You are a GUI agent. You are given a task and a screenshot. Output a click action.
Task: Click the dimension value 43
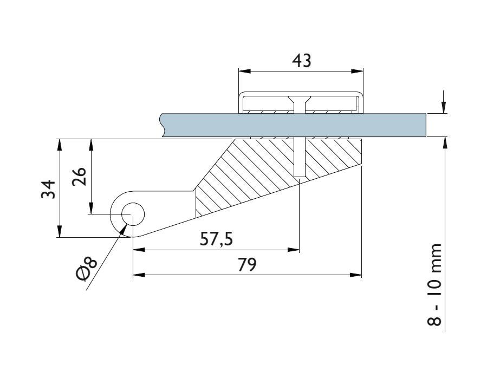(x=301, y=61)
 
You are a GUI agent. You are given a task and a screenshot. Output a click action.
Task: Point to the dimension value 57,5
(x=217, y=239)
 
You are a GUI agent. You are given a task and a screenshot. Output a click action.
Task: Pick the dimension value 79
(x=247, y=265)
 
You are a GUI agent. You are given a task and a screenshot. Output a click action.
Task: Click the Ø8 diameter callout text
(x=87, y=269)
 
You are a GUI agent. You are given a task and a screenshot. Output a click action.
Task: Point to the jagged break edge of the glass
(x=163, y=125)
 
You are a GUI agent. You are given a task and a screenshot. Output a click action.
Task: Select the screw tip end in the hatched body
(x=300, y=176)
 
